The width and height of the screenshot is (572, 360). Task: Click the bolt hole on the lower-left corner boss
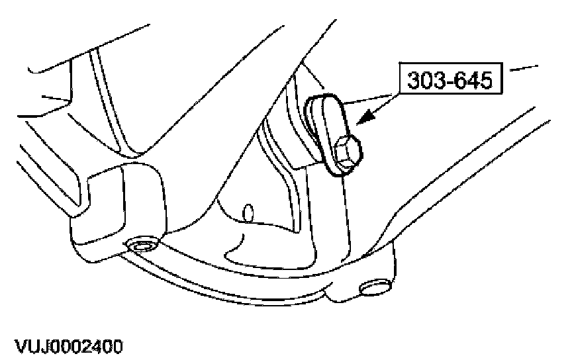coord(140,247)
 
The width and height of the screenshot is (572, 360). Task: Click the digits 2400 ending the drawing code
coord(100,346)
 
